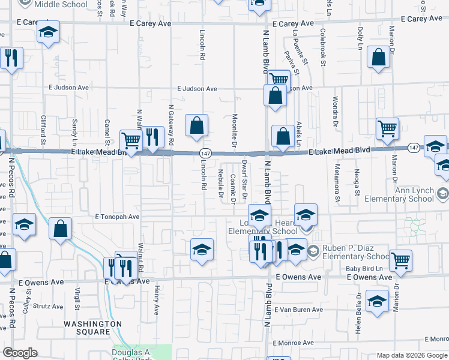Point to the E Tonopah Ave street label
[117, 217]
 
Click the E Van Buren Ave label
[298, 310]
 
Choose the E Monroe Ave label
[294, 343]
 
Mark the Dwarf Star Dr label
[244, 178]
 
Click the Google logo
[20, 353]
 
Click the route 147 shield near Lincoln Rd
[205, 154]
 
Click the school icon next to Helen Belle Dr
[377, 302]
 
